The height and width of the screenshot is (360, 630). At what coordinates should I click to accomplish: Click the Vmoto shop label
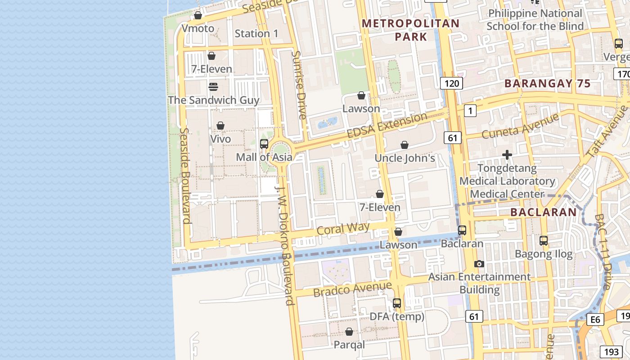tap(198, 28)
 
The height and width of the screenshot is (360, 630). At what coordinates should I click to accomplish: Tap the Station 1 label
tap(256, 34)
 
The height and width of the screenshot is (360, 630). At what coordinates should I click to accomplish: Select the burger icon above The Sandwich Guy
tap(213, 87)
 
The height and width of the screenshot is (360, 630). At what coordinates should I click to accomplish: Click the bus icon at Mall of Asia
tap(264, 144)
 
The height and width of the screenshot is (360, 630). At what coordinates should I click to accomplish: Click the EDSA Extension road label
tap(387, 126)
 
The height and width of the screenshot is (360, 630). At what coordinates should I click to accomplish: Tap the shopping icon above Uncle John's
tap(405, 145)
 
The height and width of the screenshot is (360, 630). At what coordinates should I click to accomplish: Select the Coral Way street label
tap(343, 228)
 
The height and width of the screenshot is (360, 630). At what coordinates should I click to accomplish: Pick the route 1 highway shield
tap(470, 111)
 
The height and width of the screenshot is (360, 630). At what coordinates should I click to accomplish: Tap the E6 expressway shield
tap(595, 319)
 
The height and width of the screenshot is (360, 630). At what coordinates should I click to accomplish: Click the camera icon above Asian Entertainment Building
tap(479, 264)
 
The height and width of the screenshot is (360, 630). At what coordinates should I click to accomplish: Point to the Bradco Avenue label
tap(352, 289)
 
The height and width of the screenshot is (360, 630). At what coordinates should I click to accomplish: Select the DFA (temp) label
tap(397, 317)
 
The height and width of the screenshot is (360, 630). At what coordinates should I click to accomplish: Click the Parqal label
tap(349, 345)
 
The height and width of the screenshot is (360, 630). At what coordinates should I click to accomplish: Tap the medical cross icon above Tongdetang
tap(507, 155)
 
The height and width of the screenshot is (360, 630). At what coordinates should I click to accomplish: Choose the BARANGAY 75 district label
tap(547, 83)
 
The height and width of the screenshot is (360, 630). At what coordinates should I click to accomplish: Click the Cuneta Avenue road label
tap(520, 126)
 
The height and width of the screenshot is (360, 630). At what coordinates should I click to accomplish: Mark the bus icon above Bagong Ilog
tap(544, 241)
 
